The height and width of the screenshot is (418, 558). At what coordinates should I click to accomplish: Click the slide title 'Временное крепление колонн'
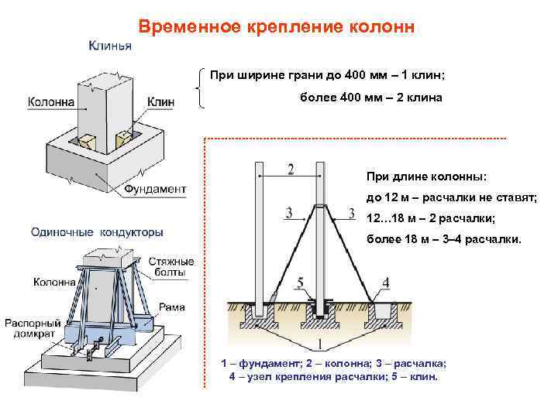tap(277, 26)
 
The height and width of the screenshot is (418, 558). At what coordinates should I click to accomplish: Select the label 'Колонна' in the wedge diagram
tap(51, 101)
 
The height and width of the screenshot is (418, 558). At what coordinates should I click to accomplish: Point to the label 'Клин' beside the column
tap(160, 101)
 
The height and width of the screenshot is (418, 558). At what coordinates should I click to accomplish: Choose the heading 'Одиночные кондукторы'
tap(97, 231)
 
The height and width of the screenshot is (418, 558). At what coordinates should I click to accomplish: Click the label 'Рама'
tap(171, 307)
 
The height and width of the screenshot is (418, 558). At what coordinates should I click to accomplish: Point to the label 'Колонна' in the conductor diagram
tap(54, 283)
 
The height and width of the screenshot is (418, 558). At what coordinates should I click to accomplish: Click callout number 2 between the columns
tap(290, 169)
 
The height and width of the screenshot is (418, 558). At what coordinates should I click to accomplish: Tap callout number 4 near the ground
tap(386, 283)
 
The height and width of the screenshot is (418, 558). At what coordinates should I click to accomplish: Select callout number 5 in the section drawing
tap(300, 283)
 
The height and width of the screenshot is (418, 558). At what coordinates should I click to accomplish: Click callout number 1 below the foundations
tap(319, 344)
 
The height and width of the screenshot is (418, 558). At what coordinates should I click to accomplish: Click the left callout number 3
tap(288, 212)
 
